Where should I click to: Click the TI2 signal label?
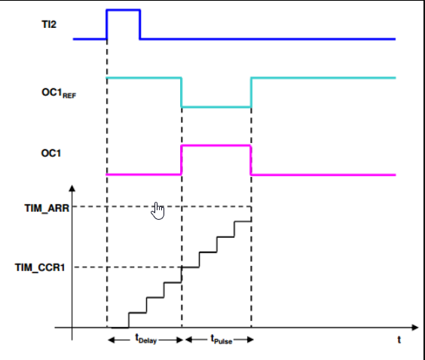(x=49, y=24)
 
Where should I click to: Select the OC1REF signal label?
(x=59, y=93)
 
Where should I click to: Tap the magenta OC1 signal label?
(x=51, y=154)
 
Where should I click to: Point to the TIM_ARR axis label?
(x=47, y=209)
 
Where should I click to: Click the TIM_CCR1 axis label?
(x=40, y=267)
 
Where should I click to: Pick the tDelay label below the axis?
(x=146, y=339)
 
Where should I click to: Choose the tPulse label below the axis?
(x=222, y=340)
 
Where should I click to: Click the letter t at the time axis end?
(x=399, y=340)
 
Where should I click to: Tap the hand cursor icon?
(x=157, y=211)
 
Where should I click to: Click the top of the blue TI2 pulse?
(x=124, y=11)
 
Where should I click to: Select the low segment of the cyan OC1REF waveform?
(x=216, y=107)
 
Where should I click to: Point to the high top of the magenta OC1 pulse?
(x=216, y=146)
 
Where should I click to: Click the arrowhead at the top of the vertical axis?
(x=72, y=188)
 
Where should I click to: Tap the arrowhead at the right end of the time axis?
(x=415, y=328)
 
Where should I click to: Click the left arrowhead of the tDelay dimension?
(x=112, y=340)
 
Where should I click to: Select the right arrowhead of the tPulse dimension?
(x=250, y=340)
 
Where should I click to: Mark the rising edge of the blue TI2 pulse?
(x=107, y=25)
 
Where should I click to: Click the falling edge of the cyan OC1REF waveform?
(x=182, y=93)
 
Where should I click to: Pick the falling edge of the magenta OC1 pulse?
(x=251, y=160)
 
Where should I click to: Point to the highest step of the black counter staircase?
(x=243, y=221)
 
